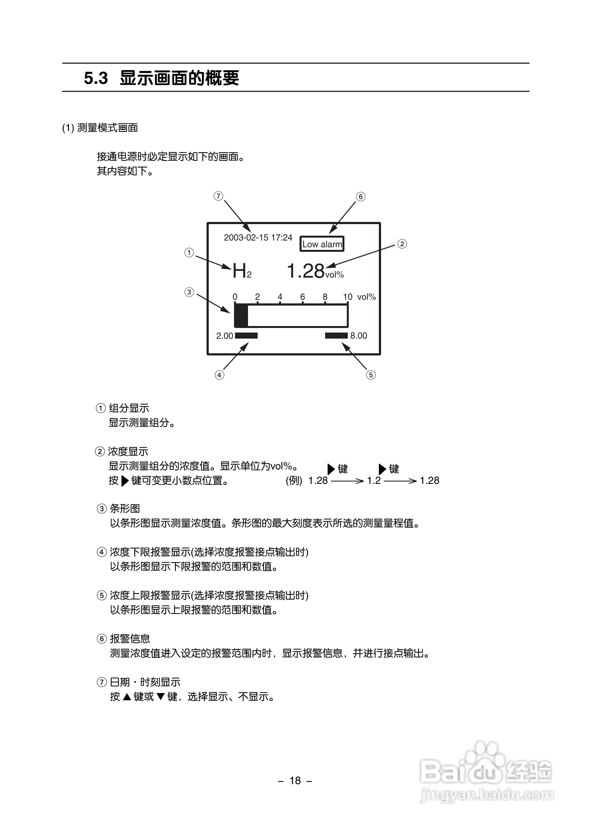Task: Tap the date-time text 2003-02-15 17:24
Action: click(258, 238)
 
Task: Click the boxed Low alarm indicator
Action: click(322, 244)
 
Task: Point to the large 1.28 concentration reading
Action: click(305, 271)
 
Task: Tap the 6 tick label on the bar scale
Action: click(302, 297)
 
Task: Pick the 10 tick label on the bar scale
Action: click(348, 297)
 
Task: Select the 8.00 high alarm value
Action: click(359, 335)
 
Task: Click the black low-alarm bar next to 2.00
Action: click(246, 335)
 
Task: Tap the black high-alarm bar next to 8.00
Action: click(336, 335)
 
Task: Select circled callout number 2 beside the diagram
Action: click(402, 244)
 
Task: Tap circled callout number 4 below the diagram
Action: click(219, 375)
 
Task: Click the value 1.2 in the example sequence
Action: click(374, 481)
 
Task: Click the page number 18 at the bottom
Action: click(295, 781)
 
